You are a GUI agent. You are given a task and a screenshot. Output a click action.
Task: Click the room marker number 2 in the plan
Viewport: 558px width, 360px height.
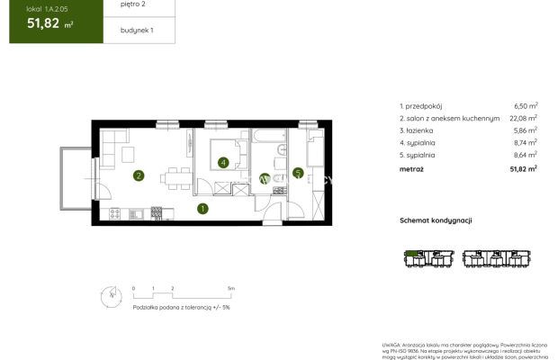point(138,175)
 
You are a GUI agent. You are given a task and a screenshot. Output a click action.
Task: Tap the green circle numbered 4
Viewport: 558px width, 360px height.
point(223,163)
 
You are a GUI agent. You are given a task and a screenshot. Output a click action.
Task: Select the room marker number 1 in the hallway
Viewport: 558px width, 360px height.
point(202,209)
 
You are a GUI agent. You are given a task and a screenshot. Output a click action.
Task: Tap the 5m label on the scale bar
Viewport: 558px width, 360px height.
point(231,289)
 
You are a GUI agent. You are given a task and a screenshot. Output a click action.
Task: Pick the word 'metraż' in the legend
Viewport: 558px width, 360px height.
point(412,167)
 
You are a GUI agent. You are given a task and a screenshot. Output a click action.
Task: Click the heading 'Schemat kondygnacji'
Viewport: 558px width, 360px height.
point(436,220)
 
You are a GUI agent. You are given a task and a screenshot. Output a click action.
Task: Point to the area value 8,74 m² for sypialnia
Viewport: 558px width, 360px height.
point(525,141)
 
